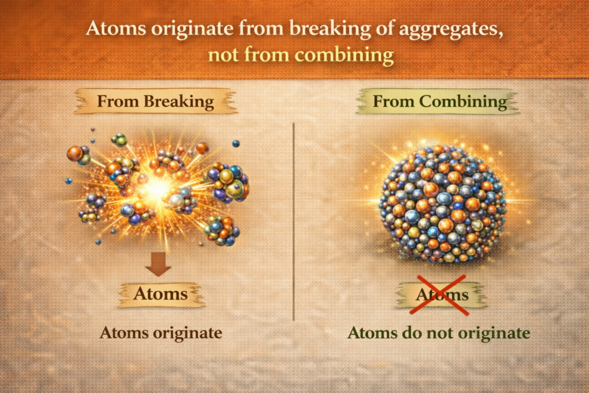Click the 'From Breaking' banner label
[155, 101]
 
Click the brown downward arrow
[158, 264]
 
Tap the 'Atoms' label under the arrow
[160, 294]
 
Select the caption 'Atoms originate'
[161, 333]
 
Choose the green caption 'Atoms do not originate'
[439, 333]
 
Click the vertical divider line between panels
[293, 222]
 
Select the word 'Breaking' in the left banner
[179, 102]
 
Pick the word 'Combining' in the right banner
[463, 102]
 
